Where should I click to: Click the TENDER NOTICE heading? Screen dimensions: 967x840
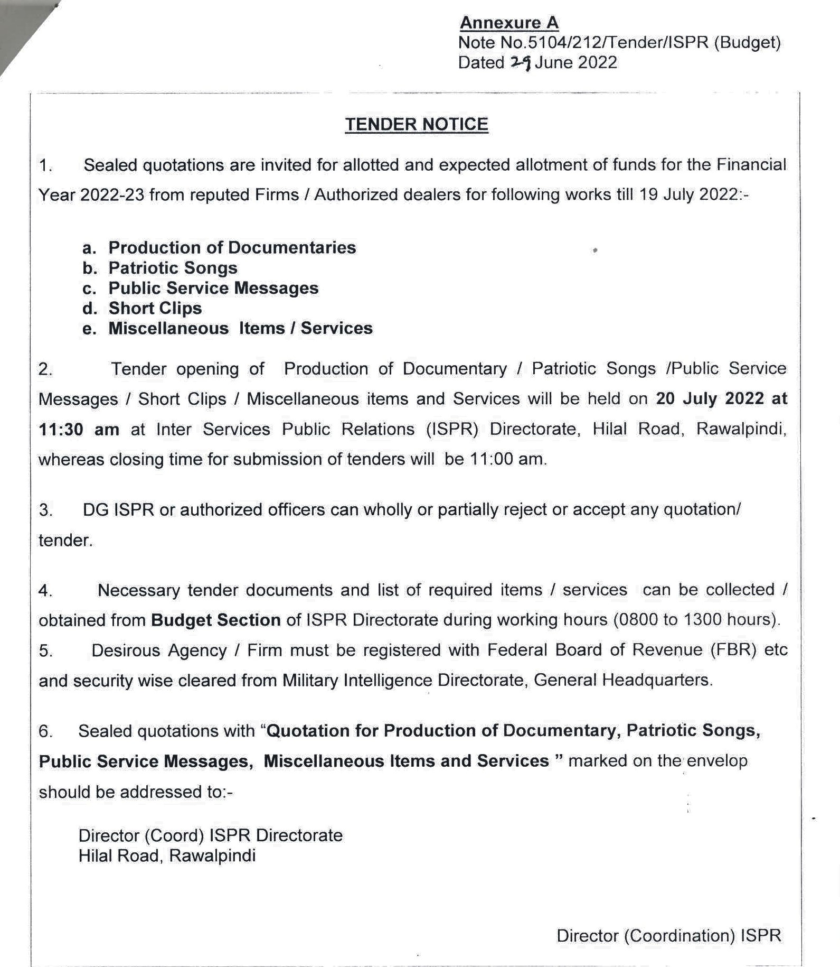417,124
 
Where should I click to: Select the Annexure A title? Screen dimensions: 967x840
509,23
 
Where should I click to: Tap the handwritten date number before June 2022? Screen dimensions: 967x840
520,63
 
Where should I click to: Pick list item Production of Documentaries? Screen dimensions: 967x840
232,247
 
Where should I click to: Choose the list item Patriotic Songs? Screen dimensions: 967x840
173,268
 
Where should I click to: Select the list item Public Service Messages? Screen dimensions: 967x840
213,288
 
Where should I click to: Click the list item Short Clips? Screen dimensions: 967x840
155,308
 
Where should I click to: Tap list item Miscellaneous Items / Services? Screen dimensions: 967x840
240,328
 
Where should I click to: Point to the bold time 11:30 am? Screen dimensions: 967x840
79,429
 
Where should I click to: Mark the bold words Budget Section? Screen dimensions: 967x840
215,620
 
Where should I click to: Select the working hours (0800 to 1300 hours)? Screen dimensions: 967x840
695,620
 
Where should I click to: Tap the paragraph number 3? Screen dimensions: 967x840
45,510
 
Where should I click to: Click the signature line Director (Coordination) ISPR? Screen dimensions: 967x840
668,936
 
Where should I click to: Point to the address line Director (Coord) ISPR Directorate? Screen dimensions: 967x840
210,835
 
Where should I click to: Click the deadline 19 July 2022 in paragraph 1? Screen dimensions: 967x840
687,195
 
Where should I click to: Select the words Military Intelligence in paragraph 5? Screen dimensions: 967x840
357,680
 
